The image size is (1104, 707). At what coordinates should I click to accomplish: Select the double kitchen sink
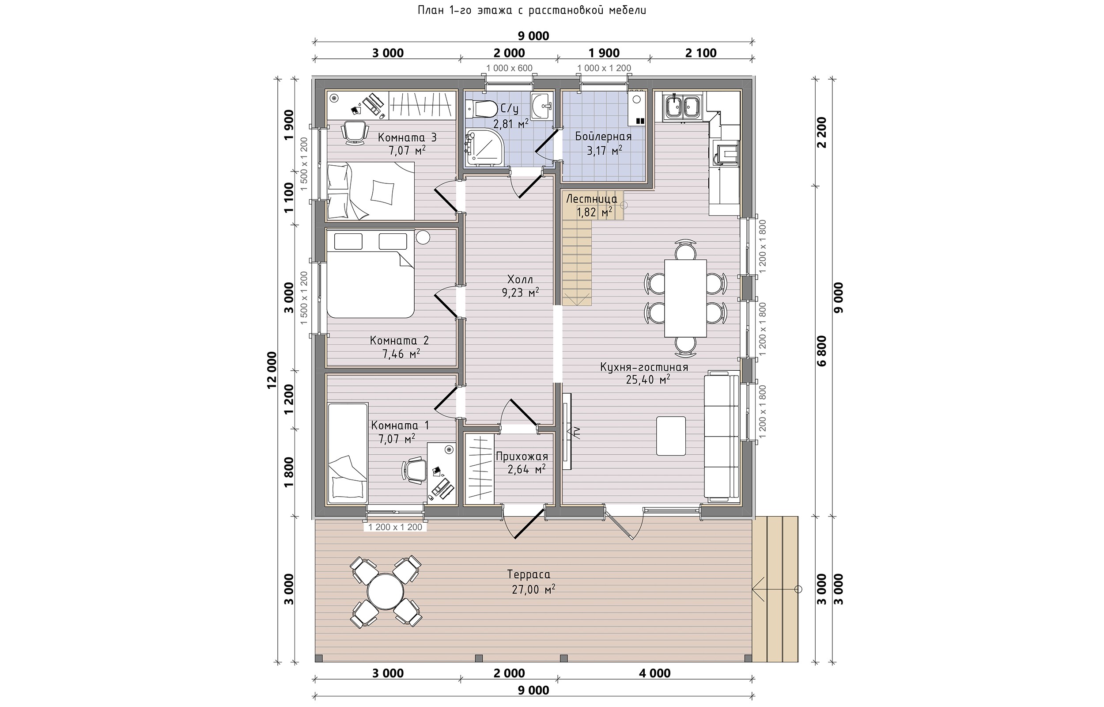pos(684,106)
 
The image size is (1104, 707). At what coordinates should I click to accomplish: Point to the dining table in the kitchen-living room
pos(685,298)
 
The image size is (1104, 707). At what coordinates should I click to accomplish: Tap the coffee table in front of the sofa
pos(670,436)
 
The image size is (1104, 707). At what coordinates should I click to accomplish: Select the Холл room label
pos(520,280)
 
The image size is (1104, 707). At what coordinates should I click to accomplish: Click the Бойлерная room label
pos(603,137)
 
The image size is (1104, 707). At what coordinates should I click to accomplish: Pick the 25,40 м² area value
pos(648,380)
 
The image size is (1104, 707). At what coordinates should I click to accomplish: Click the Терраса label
pos(529,575)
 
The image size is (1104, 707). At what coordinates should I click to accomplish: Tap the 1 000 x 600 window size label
pos(509,68)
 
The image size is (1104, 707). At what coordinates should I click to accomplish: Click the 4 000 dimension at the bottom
pos(654,673)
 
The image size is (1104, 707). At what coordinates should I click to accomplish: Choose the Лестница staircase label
pos(592,199)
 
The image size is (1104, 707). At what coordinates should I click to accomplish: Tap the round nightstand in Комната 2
pos(423,237)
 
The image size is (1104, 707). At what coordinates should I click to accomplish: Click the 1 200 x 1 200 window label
pos(395,528)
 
